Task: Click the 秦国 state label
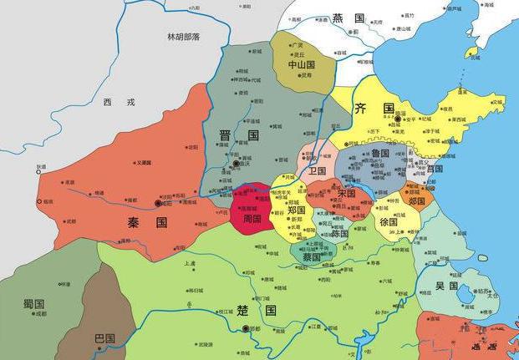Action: pos(149,223)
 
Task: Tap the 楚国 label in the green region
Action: pos(256,310)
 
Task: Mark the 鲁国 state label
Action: pos(380,154)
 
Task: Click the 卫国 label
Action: pos(316,170)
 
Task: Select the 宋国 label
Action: pos(346,193)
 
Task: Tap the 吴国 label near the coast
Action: pos(446,286)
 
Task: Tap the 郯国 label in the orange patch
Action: pos(416,200)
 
